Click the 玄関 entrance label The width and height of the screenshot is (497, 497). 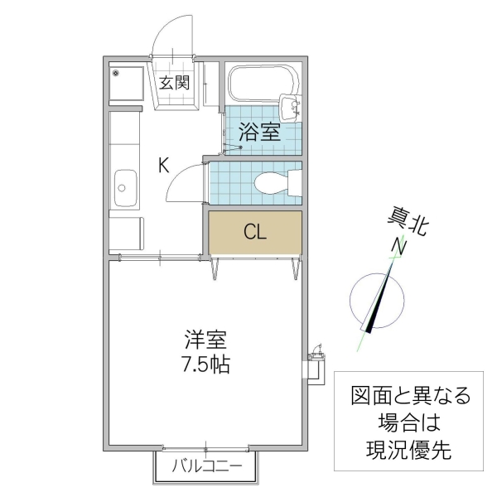pyautogui.click(x=175, y=82)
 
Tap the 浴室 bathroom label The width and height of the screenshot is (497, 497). pyautogui.click(x=258, y=132)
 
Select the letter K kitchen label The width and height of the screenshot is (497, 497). pyautogui.click(x=164, y=165)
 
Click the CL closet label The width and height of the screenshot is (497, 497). pyautogui.click(x=254, y=232)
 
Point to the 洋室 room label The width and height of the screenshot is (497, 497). pyautogui.click(x=205, y=340)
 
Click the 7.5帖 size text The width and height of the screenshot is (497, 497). pyautogui.click(x=205, y=364)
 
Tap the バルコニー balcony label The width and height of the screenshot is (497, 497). pyautogui.click(x=207, y=466)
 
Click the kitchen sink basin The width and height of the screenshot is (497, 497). pyautogui.click(x=125, y=187)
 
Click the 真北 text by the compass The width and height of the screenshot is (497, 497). pyautogui.click(x=408, y=224)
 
